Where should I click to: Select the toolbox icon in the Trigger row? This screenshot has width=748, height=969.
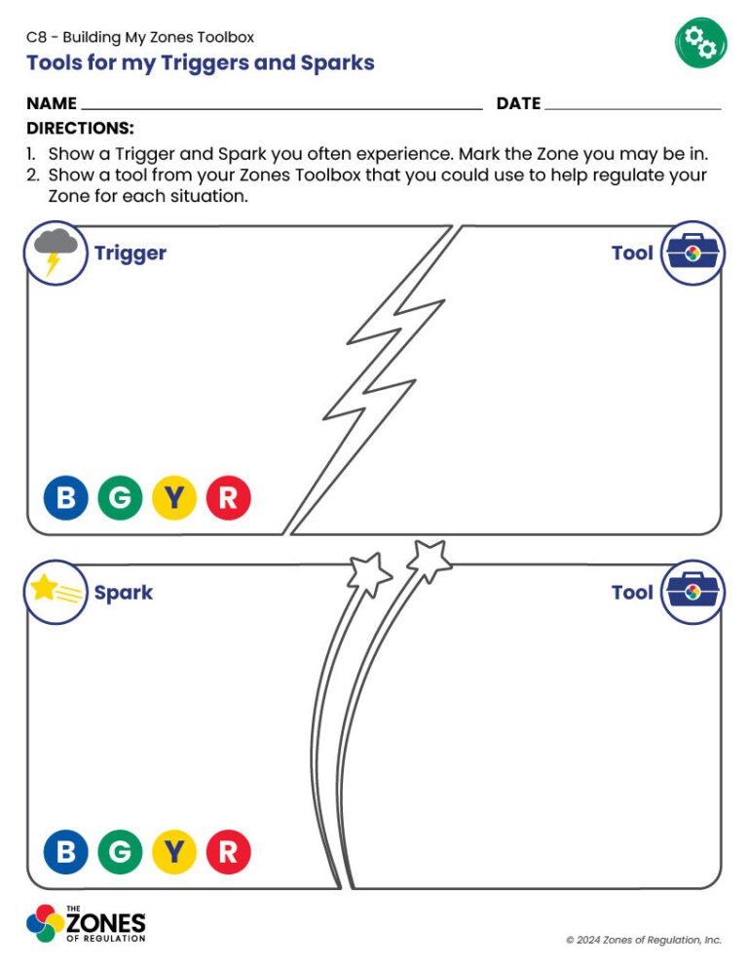[x=693, y=252]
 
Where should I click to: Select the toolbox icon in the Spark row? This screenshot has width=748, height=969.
[x=693, y=592]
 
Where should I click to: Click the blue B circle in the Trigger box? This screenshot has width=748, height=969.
[x=65, y=499]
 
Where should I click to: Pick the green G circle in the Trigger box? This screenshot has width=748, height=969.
[x=120, y=499]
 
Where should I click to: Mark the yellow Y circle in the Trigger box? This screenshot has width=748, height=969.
[x=174, y=499]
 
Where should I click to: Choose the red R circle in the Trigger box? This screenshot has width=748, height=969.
[x=228, y=499]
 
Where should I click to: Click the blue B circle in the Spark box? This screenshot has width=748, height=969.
[x=65, y=853]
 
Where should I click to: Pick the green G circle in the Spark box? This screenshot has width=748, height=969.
[x=120, y=853]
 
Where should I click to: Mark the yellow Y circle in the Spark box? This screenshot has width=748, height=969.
[x=174, y=853]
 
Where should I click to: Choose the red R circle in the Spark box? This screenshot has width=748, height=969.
[x=228, y=853]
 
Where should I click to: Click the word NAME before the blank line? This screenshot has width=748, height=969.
[x=52, y=103]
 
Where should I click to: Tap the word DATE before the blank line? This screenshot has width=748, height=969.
[x=518, y=103]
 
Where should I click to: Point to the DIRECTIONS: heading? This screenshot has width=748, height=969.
[x=80, y=129]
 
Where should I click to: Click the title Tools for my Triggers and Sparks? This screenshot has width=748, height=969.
[x=200, y=63]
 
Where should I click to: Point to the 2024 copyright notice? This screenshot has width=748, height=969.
[x=644, y=940]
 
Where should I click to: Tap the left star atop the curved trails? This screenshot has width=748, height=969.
[x=369, y=574]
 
